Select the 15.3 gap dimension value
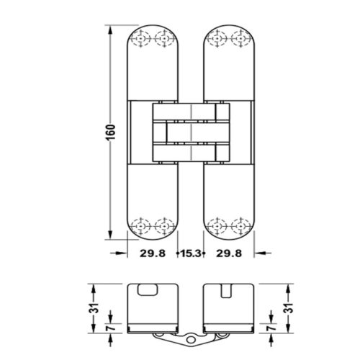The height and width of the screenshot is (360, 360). pyautogui.click(x=189, y=254)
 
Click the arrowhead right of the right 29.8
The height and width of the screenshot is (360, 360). pyautogui.click(x=254, y=253)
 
